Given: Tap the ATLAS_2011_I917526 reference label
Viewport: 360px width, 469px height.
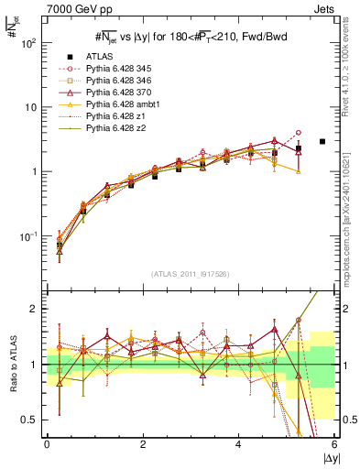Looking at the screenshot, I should tap(191, 274).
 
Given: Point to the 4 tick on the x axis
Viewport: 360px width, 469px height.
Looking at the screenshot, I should tap(238, 443).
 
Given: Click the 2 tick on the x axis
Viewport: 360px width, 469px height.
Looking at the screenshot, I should tap(142, 443).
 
